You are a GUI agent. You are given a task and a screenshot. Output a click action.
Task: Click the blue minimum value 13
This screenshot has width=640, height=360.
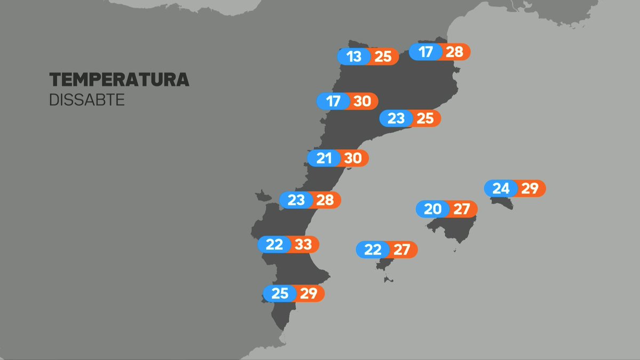point(354,57)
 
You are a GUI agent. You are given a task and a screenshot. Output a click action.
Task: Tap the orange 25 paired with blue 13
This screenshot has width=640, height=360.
point(383,57)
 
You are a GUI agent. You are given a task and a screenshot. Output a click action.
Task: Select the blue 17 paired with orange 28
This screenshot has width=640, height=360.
point(426,52)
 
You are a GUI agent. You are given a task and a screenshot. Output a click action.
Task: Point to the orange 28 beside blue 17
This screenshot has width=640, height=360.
point(454,52)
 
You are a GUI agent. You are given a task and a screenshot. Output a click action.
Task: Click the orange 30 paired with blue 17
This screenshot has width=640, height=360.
point(362,101)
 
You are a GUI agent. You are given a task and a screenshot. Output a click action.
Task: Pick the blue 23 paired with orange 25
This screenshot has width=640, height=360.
point(396,118)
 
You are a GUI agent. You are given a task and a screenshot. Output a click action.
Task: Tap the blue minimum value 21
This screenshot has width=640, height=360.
point(324,158)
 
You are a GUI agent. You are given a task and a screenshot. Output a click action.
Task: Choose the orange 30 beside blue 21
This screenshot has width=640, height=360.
point(353,158)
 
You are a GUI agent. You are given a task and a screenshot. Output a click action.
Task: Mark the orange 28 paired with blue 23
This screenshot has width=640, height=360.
point(325,201)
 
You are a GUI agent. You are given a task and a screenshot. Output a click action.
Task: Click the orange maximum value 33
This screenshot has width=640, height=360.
point(303,245)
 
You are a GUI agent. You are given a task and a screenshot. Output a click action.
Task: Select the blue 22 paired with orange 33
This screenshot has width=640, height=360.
point(274,245)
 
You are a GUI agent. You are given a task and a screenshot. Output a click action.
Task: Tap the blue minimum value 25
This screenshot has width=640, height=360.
point(279,293)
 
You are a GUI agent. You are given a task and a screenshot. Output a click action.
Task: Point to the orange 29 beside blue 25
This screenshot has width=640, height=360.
point(308,293)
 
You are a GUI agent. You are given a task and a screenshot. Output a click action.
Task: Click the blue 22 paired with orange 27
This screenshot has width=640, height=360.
point(373,250)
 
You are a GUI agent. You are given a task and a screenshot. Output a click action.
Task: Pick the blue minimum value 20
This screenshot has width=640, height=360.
point(433,209)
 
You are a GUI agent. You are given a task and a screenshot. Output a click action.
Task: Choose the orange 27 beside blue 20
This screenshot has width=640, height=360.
point(461,209)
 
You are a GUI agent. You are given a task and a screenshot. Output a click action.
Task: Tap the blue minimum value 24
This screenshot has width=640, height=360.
point(501,189)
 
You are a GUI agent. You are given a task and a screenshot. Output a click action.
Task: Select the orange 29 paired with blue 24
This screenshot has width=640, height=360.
point(530,189)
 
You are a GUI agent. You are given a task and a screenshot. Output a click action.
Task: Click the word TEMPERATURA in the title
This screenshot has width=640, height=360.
point(119,80)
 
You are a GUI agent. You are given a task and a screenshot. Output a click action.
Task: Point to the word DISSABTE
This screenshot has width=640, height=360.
point(87,100)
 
